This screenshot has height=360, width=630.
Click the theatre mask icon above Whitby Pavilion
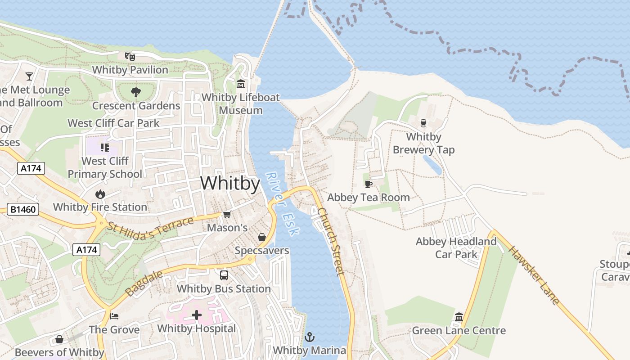coord(130,56)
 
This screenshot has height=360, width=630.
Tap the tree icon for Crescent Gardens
coord(135,92)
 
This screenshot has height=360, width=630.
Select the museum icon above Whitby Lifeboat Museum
coord(241,84)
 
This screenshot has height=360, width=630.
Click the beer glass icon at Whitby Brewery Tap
coord(423,123)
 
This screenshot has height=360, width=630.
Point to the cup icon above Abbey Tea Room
coord(368,184)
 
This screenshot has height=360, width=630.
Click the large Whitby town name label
coord(230,184)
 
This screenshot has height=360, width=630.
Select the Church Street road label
coord(331,241)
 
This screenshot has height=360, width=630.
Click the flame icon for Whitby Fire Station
coord(100,194)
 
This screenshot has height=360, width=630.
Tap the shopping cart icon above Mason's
coord(227,214)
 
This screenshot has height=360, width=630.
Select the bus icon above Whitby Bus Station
coord(224,275)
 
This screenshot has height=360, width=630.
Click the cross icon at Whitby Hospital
coord(197,315)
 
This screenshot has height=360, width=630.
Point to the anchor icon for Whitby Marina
coord(310,337)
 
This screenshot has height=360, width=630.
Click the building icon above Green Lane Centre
coord(459,317)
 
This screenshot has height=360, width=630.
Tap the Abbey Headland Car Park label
coord(456,248)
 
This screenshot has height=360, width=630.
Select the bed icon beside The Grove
coord(114,316)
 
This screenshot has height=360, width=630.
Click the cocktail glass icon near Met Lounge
coord(29,76)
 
